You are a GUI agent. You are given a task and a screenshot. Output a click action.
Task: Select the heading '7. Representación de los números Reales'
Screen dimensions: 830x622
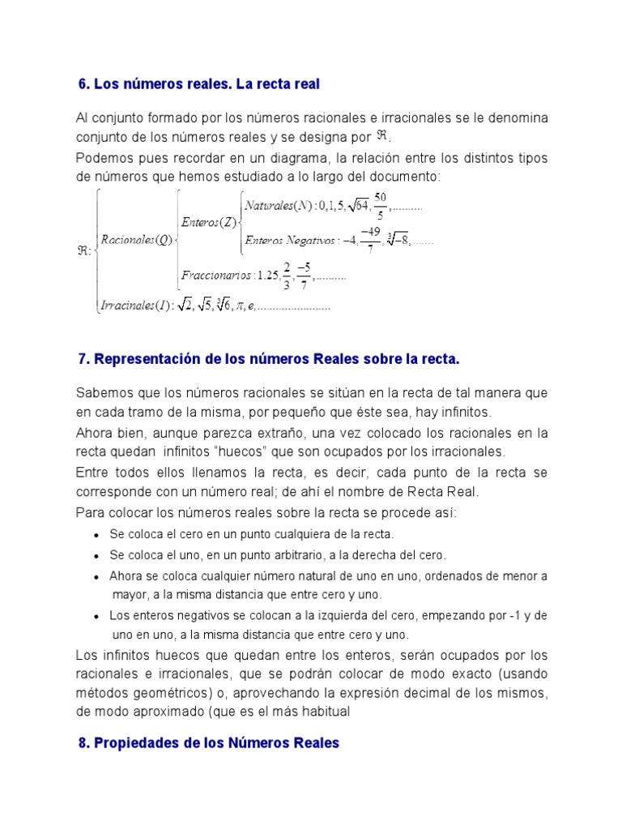pyautogui.click(x=268, y=357)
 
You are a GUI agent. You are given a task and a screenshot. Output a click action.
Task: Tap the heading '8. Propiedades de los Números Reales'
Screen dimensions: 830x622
pyautogui.click(x=209, y=742)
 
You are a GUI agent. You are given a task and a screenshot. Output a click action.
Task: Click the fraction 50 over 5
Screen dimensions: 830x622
pyautogui.click(x=381, y=205)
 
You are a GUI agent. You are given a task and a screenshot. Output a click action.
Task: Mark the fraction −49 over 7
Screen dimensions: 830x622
pyautogui.click(x=371, y=240)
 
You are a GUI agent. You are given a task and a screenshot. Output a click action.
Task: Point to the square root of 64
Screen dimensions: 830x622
pyautogui.click(x=357, y=207)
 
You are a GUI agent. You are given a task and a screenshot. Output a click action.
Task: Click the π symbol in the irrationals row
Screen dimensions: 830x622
pyautogui.click(x=240, y=306)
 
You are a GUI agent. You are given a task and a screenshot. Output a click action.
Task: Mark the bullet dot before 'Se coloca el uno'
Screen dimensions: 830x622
pyautogui.click(x=97, y=556)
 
